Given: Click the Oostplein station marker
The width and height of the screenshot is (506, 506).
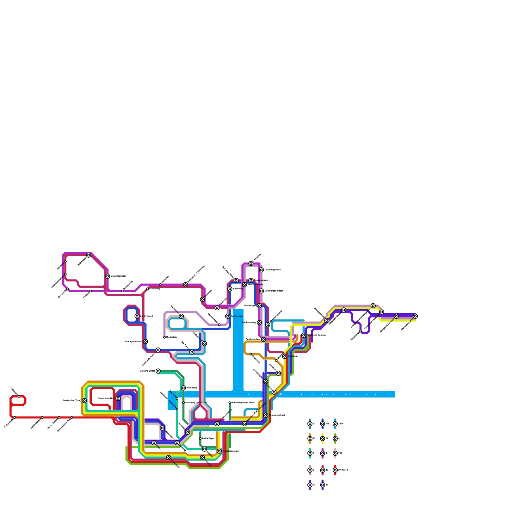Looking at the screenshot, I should point(285,356).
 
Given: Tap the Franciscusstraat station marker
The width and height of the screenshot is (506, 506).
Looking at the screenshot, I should point(219,451).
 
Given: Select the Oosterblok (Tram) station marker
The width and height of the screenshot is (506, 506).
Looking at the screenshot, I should point(84,401).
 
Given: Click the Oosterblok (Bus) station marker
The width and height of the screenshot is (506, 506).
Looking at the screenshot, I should point(118,398).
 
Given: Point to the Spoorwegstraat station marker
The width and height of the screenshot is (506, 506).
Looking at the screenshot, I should point(266,415).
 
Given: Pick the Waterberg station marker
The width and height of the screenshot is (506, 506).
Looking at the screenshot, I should point(183,388).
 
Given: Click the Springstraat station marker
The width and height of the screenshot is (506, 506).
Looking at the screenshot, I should point(228,316).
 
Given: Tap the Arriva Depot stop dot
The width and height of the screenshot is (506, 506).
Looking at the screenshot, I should point(200,439).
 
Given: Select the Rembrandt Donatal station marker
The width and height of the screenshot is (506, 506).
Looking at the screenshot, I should point(304,335).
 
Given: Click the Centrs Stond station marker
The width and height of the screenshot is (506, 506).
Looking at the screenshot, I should point(158,371).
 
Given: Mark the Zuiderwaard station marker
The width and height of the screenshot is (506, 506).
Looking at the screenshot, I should point(137,316).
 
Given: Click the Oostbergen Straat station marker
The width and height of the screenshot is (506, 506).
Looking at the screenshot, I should point(262,291).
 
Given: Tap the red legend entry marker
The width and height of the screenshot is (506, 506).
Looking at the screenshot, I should point(335,470).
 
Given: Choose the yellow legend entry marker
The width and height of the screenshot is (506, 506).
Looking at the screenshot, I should point(323,439).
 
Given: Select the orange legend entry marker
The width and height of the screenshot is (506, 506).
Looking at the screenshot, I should point(310,439).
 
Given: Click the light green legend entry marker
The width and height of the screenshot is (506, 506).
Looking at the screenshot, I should point(335,439).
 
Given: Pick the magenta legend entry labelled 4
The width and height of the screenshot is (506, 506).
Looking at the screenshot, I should point(323,453).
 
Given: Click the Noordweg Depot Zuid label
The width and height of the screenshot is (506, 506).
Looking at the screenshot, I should point(196,403).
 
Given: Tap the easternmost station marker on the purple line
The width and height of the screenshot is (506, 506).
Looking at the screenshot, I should point(415,316).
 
